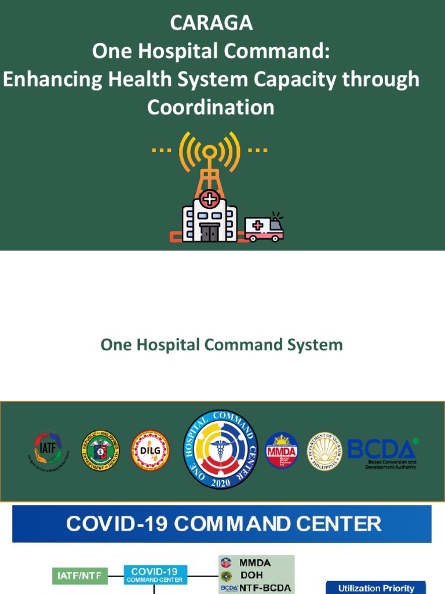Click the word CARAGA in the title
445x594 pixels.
tap(211, 23)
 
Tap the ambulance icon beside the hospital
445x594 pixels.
tap(264, 229)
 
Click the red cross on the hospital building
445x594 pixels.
tap(209, 200)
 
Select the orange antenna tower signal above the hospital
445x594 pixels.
tap(209, 153)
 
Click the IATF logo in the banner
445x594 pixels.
tap(47, 451)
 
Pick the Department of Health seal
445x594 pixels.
tap(100, 451)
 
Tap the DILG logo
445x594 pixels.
tap(150, 451)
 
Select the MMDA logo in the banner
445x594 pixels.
tap(282, 451)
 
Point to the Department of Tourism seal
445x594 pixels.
tap(324, 451)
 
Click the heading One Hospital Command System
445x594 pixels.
tap(221, 345)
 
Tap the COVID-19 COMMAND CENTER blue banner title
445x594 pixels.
tap(223, 524)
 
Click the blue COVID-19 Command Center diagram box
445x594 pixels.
tap(155, 574)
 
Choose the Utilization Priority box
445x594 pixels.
tap(376, 588)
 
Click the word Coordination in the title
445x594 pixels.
tap(211, 107)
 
